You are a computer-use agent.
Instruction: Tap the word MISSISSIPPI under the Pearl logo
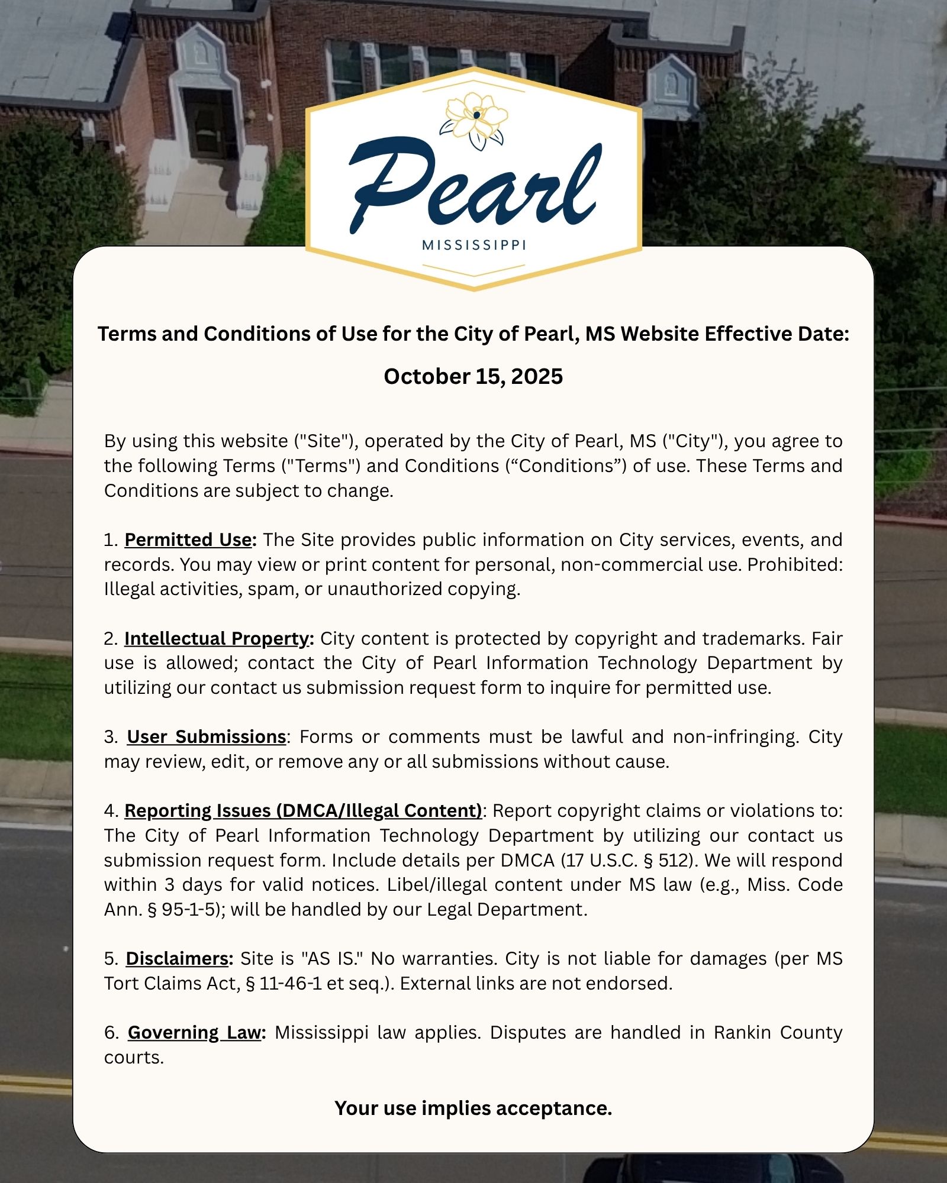[474, 245]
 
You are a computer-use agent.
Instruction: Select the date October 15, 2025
[473, 377]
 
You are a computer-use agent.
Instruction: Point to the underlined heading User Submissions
[207, 737]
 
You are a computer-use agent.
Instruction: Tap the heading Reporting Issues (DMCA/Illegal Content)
[304, 811]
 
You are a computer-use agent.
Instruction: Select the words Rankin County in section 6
[778, 1033]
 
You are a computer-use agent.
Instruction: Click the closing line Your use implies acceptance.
[473, 1108]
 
